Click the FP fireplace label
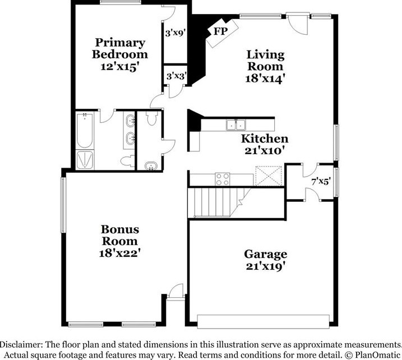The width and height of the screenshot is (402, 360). [220, 31]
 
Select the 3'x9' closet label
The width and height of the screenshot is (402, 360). [175, 33]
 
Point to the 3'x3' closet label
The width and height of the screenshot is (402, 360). [175, 75]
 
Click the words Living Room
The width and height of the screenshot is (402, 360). [266, 61]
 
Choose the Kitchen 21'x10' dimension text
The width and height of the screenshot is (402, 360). [265, 150]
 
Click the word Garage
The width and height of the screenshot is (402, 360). [265, 254]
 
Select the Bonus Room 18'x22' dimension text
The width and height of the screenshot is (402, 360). [119, 253]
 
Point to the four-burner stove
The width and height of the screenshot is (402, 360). [223, 179]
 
